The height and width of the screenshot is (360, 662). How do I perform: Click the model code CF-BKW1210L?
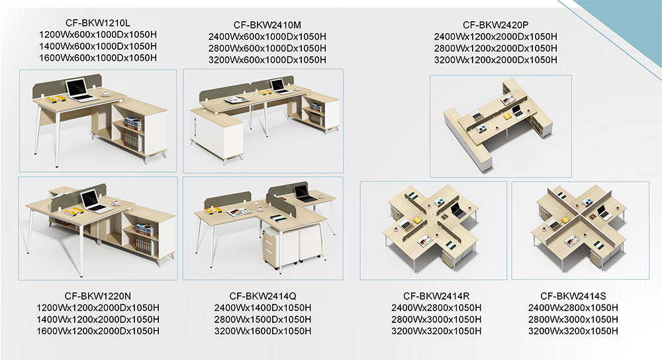pyautogui.click(x=97, y=22)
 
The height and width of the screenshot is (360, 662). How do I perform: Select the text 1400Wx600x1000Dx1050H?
pyautogui.click(x=98, y=46)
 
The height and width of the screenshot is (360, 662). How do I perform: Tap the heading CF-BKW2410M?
pyautogui.click(x=267, y=25)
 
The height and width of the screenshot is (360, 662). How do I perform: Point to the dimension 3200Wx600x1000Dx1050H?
pyautogui.click(x=267, y=60)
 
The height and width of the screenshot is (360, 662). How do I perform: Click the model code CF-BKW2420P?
pyautogui.click(x=496, y=25)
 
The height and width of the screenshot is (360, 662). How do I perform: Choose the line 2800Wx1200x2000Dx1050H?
pyautogui.click(x=496, y=48)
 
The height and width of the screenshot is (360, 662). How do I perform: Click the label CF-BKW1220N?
pyautogui.click(x=97, y=296)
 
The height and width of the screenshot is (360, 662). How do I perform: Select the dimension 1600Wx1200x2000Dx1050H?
pyautogui.click(x=98, y=332)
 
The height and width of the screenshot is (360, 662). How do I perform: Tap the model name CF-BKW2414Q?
pyautogui.click(x=263, y=296)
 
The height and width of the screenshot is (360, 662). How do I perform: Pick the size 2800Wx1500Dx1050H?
pyautogui.click(x=263, y=320)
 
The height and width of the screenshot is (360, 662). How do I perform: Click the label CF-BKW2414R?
pyautogui.click(x=436, y=296)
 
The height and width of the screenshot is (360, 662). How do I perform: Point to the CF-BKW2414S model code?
pyautogui.click(x=573, y=296)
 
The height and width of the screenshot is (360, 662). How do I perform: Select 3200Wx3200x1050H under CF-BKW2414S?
pyautogui.click(x=573, y=332)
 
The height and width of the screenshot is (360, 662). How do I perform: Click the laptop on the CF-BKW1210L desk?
pyautogui.click(x=79, y=90)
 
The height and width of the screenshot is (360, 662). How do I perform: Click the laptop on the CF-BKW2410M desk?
pyautogui.click(x=279, y=86)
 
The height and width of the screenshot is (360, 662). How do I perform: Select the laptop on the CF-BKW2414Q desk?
pyautogui.click(x=303, y=193)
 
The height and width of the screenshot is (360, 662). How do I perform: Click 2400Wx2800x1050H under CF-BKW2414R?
pyautogui.click(x=436, y=308)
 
